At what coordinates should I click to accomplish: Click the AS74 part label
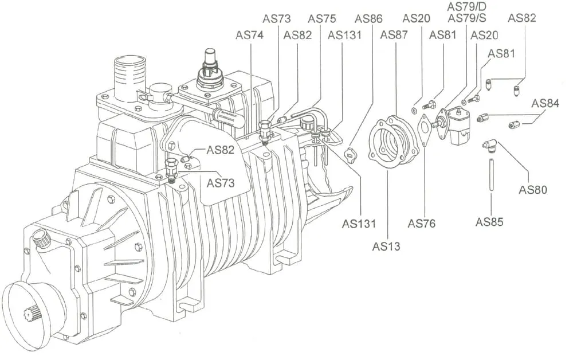[x=250, y=34]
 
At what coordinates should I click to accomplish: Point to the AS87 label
[x=394, y=34]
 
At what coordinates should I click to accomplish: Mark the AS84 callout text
[x=545, y=103]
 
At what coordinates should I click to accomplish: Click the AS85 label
[x=489, y=221]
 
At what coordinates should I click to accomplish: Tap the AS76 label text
[x=422, y=224]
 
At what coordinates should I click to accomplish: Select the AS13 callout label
[x=386, y=246]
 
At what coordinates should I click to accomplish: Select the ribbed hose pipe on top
[x=129, y=75]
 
